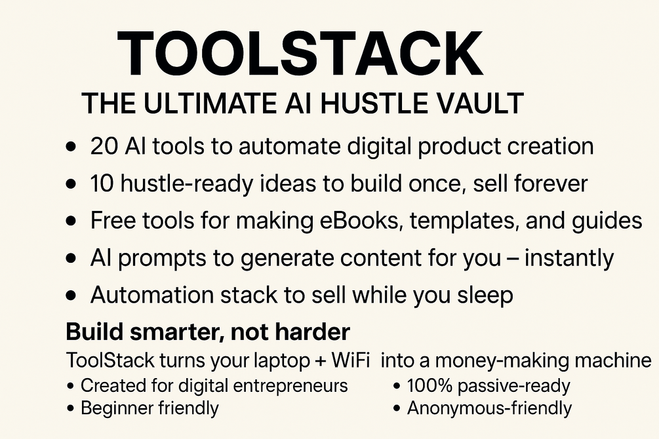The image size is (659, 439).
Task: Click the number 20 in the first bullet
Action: (x=105, y=146)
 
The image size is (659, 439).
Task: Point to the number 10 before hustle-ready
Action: (x=103, y=183)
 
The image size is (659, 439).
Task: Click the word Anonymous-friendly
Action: (x=489, y=408)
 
